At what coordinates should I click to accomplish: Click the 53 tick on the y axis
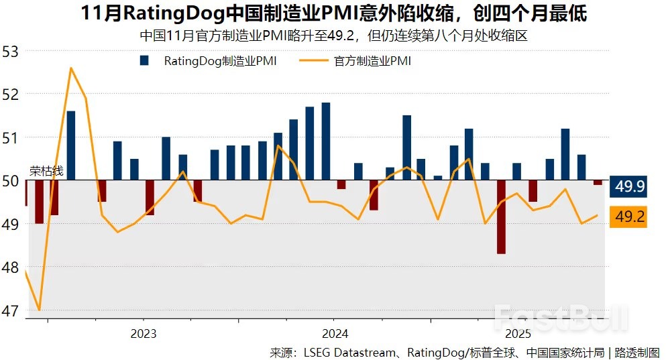pyautogui.click(x=11, y=51)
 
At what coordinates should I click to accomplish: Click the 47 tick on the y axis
pyautogui.click(x=11, y=311)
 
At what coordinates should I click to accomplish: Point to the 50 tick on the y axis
pyautogui.click(x=11, y=180)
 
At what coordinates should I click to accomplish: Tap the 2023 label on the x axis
pyautogui.click(x=144, y=334)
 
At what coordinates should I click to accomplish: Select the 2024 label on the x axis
pyautogui.click(x=335, y=334)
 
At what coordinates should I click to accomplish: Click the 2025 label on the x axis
pyautogui.click(x=518, y=334)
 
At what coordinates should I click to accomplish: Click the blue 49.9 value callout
pyautogui.click(x=629, y=187)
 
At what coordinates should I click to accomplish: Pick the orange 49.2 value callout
pyautogui.click(x=629, y=217)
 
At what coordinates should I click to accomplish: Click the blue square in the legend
pyautogui.click(x=144, y=61)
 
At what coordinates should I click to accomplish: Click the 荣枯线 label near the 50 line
pyautogui.click(x=46, y=172)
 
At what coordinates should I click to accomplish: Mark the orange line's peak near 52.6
pyautogui.click(x=70, y=68)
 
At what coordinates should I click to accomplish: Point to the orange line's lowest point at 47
pyautogui.click(x=40, y=310)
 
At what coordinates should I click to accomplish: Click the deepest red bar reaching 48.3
pyautogui.click(x=501, y=217)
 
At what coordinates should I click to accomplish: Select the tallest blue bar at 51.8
pyautogui.click(x=326, y=141)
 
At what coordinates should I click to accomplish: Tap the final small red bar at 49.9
pyautogui.click(x=598, y=182)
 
